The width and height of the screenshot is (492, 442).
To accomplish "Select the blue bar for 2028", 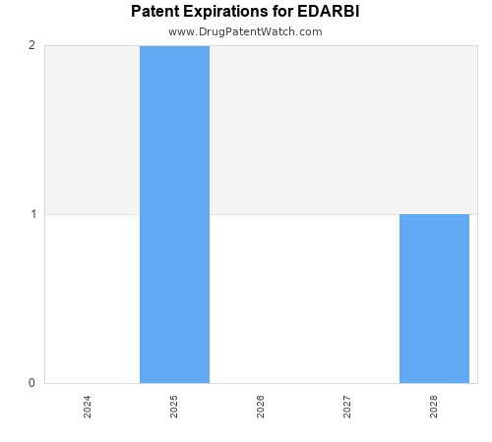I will click(434, 299).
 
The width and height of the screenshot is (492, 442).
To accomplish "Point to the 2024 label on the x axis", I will click(88, 407).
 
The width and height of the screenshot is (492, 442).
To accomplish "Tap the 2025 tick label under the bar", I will click(174, 407).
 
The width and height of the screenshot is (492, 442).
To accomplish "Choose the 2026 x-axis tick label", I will click(261, 407).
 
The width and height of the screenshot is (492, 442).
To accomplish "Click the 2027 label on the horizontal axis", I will click(347, 407).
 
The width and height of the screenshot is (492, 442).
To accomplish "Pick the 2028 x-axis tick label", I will click(434, 407).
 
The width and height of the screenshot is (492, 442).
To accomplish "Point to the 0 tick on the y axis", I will click(31, 383).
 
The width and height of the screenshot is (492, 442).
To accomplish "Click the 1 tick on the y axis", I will click(31, 214).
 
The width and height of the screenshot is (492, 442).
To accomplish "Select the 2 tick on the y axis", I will click(31, 45).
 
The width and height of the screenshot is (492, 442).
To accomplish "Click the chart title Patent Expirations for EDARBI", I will click(245, 13).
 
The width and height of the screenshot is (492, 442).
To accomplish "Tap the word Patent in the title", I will click(155, 13).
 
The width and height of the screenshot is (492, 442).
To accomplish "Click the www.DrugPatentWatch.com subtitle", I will click(245, 31).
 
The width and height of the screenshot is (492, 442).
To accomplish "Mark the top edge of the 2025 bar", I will click(174, 46).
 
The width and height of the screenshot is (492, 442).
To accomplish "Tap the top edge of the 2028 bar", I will click(434, 214).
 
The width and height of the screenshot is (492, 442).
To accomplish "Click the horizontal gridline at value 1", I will click(295, 214).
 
